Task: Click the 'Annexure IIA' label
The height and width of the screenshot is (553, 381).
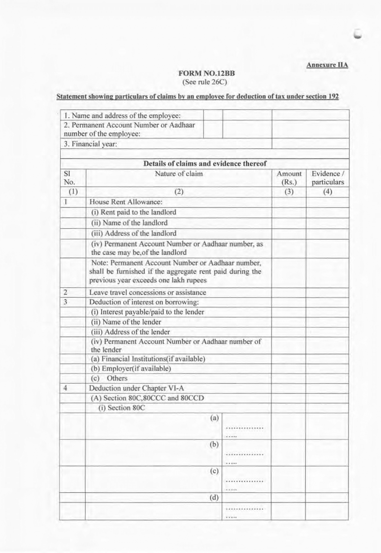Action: click(x=327, y=65)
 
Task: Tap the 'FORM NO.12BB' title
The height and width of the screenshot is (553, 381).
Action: click(x=207, y=73)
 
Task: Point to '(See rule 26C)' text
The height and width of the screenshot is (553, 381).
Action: click(x=205, y=82)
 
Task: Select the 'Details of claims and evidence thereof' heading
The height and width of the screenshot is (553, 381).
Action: click(x=205, y=164)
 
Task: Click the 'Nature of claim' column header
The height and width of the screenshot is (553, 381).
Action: click(x=179, y=174)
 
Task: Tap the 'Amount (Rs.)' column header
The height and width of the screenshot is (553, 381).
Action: click(x=289, y=178)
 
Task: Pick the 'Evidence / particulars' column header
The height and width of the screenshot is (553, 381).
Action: click(x=327, y=178)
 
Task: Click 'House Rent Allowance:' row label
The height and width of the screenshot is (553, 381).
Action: click(x=126, y=202)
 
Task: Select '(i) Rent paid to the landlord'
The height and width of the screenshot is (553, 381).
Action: click(x=133, y=212)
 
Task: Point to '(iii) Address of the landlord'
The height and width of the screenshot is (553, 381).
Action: click(x=134, y=233)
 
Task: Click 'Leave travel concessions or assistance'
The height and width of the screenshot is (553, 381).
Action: click(x=147, y=293)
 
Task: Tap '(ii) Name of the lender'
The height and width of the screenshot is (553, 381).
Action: click(x=126, y=322)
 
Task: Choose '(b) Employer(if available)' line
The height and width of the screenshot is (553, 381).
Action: click(x=131, y=369)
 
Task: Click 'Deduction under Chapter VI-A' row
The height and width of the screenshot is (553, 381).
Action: click(x=136, y=388)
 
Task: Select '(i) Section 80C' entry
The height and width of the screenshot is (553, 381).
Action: click(x=122, y=408)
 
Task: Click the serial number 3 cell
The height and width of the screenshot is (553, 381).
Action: click(x=66, y=302)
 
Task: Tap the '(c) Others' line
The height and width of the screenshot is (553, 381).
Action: click(x=109, y=378)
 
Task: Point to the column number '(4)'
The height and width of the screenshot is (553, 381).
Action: click(x=327, y=192)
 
